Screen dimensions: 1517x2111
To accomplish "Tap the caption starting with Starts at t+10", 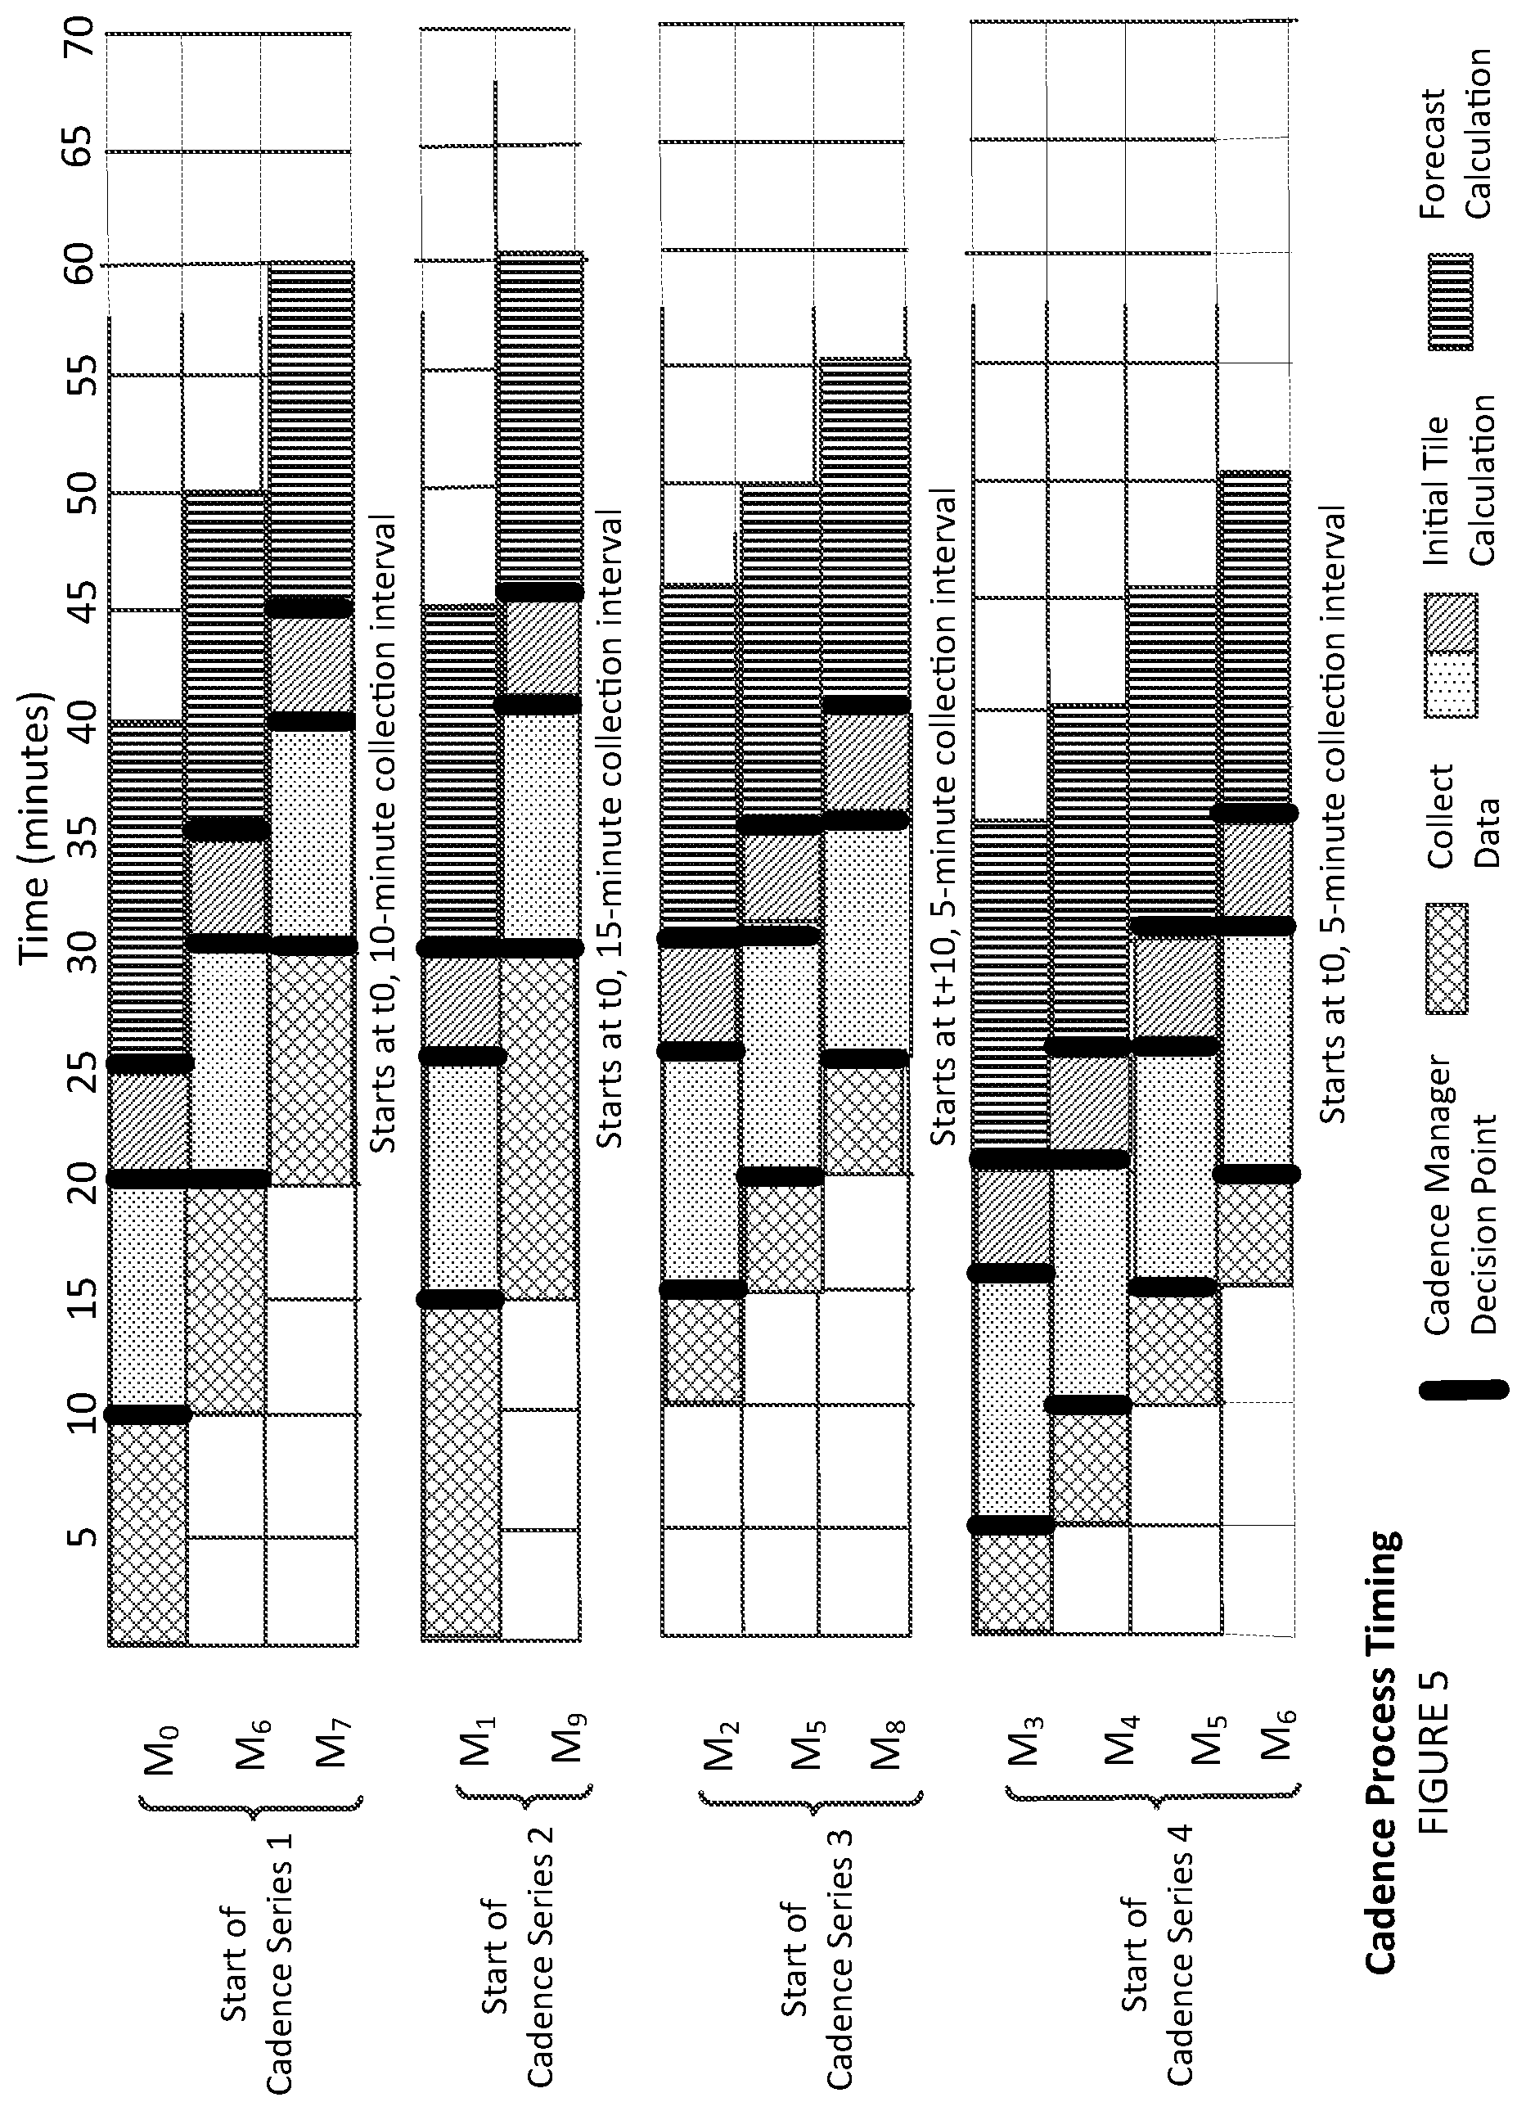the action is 944,819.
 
